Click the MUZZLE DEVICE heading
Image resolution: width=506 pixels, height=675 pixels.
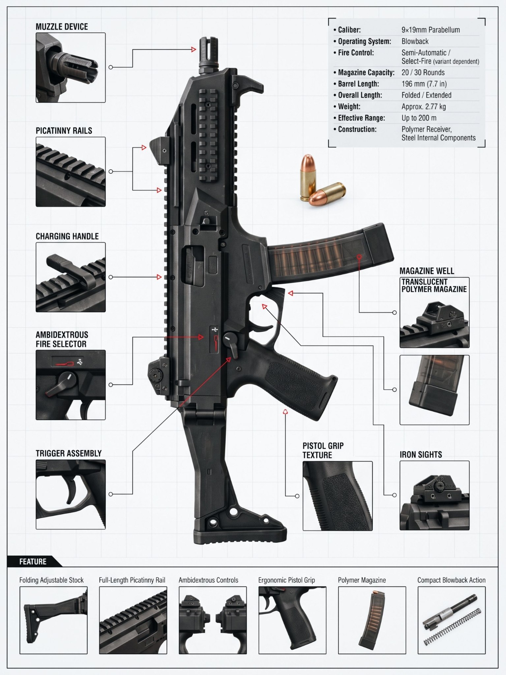tap(62, 27)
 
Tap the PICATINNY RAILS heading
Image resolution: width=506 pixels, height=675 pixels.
tap(64, 131)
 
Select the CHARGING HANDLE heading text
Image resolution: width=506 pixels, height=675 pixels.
tap(67, 236)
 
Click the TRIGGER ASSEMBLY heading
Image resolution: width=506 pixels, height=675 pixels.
tap(69, 454)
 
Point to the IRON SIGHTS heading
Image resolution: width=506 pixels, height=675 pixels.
tap(421, 455)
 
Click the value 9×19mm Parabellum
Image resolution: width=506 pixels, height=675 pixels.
tap(431, 30)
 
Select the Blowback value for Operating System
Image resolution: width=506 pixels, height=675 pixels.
tap(415, 42)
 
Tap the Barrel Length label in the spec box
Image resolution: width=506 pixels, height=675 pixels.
tap(358, 84)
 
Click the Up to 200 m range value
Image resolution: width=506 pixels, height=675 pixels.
tap(419, 118)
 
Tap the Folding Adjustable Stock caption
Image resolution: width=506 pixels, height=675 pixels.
tap(51, 580)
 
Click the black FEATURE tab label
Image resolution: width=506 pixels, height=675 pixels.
tap(33, 562)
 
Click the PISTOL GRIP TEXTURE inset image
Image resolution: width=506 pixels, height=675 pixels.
tap(338, 496)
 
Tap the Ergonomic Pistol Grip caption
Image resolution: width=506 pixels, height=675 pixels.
tap(286, 580)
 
